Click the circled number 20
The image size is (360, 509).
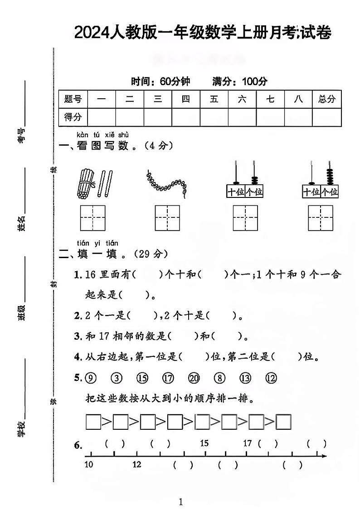[x=194, y=378]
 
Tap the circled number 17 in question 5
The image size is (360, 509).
[x=168, y=378]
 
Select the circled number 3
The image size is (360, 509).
[x=117, y=378]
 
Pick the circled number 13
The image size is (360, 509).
[x=245, y=378]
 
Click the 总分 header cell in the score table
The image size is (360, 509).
[x=326, y=99]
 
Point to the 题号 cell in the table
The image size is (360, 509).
[x=73, y=99]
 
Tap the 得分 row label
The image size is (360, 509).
[x=73, y=117]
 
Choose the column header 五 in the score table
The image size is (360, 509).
[x=214, y=99]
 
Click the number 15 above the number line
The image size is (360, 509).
[x=204, y=443]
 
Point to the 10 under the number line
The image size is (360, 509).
[x=88, y=464]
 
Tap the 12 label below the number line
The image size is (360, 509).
[x=137, y=464]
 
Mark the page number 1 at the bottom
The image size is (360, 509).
[x=180, y=501]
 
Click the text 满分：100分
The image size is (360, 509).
[x=239, y=82]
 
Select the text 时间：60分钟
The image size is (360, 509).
[x=161, y=82]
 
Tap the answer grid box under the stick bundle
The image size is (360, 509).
[x=93, y=218]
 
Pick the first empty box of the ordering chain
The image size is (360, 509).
[x=93, y=422]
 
